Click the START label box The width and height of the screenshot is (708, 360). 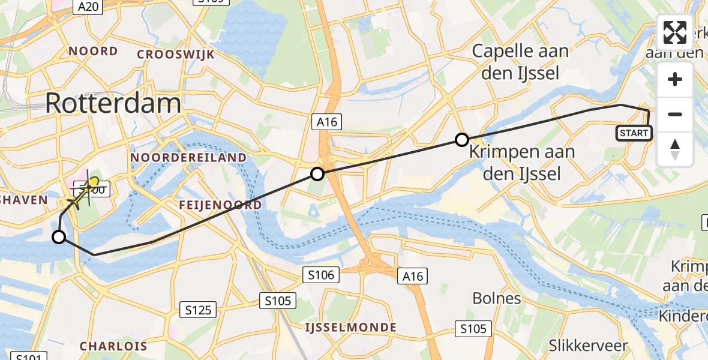pos(634,133)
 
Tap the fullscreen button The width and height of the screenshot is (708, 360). pos(675,33)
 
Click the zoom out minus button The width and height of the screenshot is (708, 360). pos(675,114)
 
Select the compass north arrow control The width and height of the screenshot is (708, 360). pos(675,149)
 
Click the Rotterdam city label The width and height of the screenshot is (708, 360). pos(113,103)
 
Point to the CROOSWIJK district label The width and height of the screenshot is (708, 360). pos(176,55)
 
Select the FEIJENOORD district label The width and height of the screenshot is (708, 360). pos(220,205)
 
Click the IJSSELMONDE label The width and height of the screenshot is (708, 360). pos(351,328)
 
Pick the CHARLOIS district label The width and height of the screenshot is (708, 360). pos(113,346)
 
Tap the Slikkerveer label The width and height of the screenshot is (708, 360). pos(589,346)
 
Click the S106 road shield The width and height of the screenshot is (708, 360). pos(320,275)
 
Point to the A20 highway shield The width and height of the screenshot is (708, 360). pos(88,7)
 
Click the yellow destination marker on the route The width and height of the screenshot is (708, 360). pos(93,181)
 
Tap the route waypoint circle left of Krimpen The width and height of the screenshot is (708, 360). pos(461,140)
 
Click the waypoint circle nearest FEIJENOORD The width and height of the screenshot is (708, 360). pos(317,175)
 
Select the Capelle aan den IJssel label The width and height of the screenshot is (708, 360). pos(520,62)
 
